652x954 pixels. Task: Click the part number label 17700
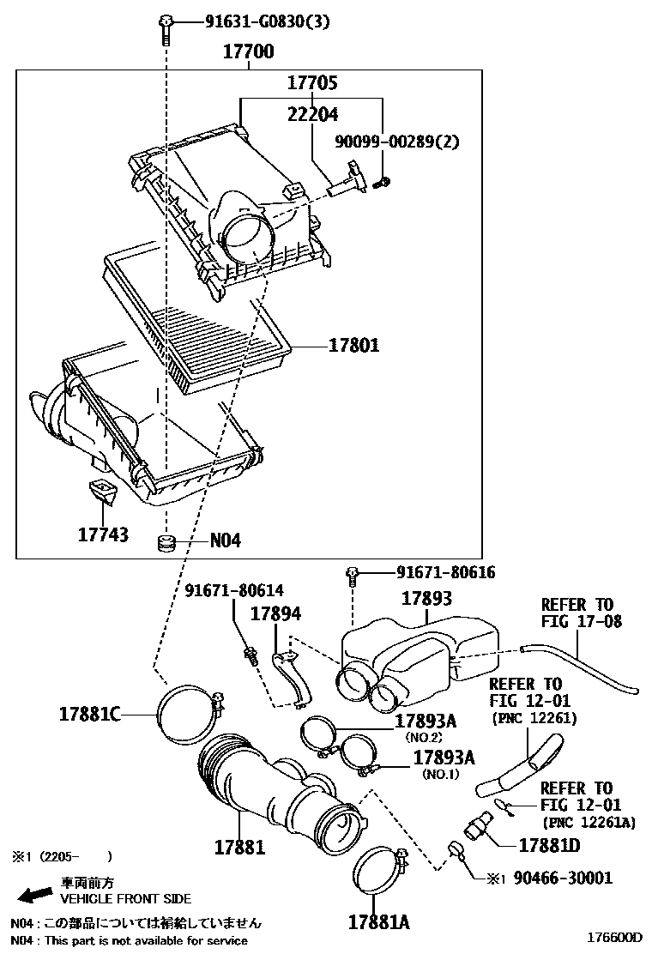pos(249,52)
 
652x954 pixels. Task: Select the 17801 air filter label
pos(353,347)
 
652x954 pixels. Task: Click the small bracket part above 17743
pos(102,493)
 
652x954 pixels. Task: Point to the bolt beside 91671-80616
pos(352,576)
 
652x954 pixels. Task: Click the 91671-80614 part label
pos(234,590)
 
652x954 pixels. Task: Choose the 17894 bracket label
pos(275,614)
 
